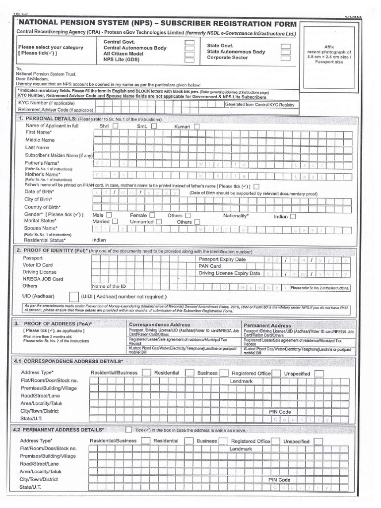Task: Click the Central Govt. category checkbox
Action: [189, 43]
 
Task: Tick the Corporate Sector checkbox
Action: [285, 58]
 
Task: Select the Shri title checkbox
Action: [115, 127]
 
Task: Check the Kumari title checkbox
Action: [196, 127]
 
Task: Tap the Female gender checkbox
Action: [152, 215]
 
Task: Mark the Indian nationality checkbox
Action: [293, 216]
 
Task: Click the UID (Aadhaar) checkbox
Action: [73, 297]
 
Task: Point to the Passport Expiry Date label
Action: [222, 259]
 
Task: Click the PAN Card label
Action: [210, 266]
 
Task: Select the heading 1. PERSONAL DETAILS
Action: [47, 120]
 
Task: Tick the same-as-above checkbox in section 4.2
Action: [128, 430]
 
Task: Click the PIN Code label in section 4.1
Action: [280, 412]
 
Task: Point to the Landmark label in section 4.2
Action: [241, 448]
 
